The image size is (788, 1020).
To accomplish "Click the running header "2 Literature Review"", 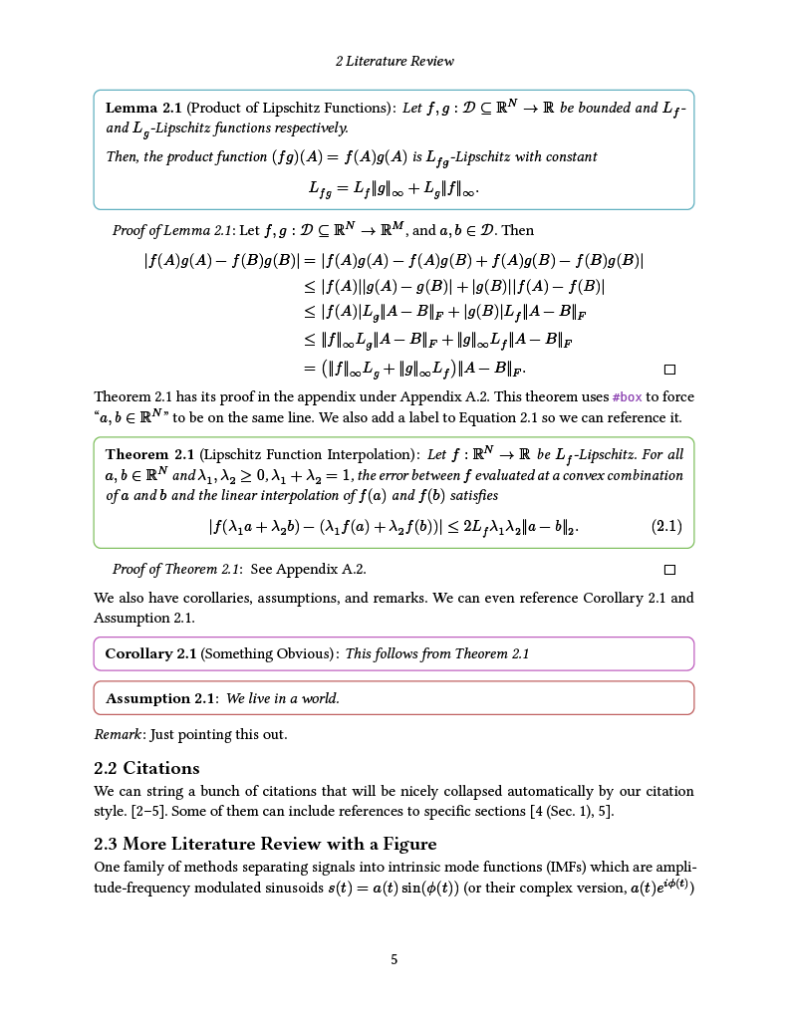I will click(394, 61).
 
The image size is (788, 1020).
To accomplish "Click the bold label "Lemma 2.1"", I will click(143, 108).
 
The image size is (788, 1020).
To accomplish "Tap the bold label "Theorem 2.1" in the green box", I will click(149, 454).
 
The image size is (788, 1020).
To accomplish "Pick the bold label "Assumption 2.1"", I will click(160, 698).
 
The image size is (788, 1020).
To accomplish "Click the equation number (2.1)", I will click(666, 526).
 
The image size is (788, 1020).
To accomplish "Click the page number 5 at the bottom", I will click(394, 959).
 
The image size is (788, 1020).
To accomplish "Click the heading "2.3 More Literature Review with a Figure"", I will click(265, 844).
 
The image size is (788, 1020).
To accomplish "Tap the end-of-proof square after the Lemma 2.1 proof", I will click(669, 370).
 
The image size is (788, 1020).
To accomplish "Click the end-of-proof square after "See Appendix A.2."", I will click(669, 570).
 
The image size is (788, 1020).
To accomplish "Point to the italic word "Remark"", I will click(117, 734).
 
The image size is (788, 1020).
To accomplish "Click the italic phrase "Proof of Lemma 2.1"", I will click(173, 231).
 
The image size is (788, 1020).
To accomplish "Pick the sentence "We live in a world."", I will click(283, 698).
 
